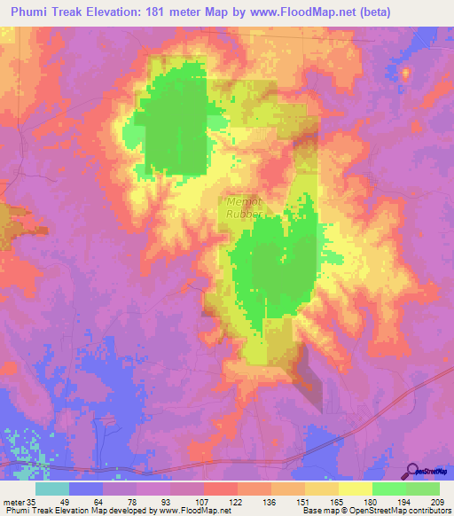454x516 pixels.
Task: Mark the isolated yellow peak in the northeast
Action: (x=405, y=73)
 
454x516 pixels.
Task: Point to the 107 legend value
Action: (x=204, y=502)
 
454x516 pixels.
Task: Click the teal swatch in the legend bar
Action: (x=52, y=489)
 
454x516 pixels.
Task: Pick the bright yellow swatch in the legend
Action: (x=355, y=489)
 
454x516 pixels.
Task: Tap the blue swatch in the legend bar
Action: (x=86, y=489)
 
